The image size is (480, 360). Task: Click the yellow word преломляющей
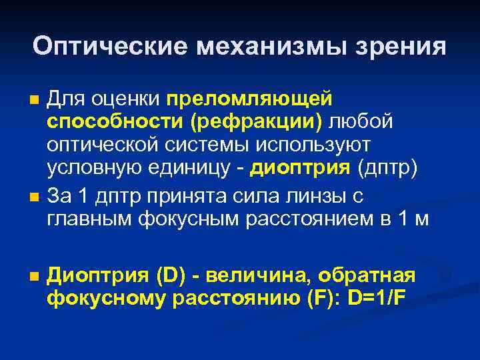click(x=249, y=99)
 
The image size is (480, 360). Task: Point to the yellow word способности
click(x=109, y=122)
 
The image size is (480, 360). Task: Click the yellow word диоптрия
click(x=300, y=169)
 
